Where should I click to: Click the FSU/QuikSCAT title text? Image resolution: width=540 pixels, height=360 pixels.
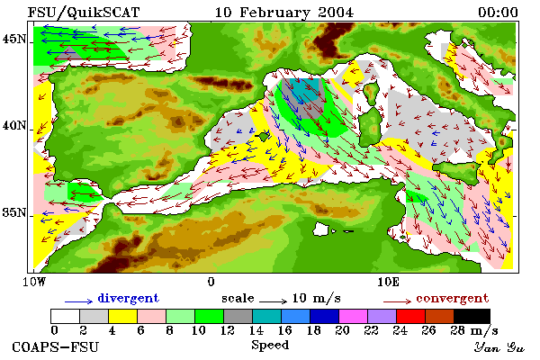[x=84, y=13]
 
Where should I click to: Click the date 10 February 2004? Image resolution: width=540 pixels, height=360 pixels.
[x=284, y=13]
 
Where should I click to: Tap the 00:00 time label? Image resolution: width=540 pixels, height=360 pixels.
[x=498, y=13]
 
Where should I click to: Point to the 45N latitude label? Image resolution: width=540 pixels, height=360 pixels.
[x=13, y=40]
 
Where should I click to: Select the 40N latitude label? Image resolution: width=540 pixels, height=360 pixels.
[x=13, y=126]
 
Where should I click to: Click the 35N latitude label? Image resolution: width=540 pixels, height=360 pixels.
[x=13, y=212]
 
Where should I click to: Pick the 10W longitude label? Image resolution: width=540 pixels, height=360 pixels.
[x=34, y=282]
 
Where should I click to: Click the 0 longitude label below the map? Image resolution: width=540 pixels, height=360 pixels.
[x=211, y=282]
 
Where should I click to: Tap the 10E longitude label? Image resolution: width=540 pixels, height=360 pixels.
[x=389, y=282]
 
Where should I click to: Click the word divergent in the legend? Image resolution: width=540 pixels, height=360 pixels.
[x=128, y=298]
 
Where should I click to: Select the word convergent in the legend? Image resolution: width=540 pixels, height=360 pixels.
[x=452, y=298]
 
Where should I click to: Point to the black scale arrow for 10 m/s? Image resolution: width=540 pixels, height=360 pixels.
[x=273, y=301]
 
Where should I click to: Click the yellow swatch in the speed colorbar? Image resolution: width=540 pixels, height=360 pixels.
[x=123, y=316]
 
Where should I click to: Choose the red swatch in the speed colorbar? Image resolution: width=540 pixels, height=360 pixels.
[x=410, y=316]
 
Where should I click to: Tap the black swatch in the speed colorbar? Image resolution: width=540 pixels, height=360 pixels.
[x=472, y=316]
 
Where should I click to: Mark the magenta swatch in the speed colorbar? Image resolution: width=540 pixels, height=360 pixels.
[x=353, y=316]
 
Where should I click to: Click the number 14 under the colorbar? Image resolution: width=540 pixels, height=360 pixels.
[x=256, y=330]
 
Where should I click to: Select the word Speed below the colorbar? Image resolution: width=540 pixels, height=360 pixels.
[x=270, y=346]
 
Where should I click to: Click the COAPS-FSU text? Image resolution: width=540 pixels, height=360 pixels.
[x=56, y=346]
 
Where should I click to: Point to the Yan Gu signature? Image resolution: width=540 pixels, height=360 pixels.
[x=499, y=347]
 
